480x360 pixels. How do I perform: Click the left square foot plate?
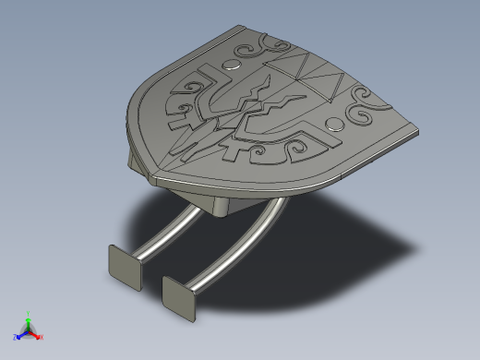(123, 265)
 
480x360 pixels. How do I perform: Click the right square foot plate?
(179, 296)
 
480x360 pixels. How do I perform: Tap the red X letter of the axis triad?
(42, 337)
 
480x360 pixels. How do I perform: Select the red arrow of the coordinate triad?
(35, 334)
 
